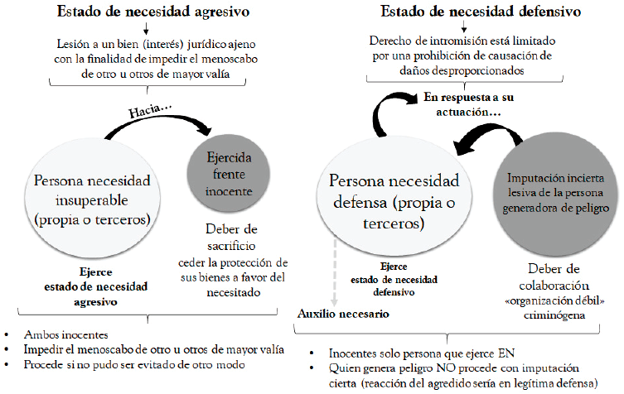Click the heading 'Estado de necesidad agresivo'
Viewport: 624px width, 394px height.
[x=153, y=12]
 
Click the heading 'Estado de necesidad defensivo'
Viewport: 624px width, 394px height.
[x=481, y=11]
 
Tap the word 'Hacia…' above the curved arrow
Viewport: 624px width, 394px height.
[x=149, y=110]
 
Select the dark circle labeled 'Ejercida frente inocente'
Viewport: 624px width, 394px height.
[x=229, y=174]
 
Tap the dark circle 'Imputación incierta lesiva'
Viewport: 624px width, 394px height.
[x=555, y=193]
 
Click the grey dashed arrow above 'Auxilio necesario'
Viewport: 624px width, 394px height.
[x=335, y=273]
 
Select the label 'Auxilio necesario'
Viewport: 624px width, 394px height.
[x=343, y=314]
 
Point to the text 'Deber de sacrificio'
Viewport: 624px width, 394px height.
[x=231, y=238]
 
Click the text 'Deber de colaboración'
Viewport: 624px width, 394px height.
[x=554, y=277]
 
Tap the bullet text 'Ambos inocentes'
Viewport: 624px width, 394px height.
[x=65, y=334]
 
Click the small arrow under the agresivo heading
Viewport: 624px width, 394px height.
[x=146, y=28]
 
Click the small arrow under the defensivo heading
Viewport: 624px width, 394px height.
[x=464, y=26]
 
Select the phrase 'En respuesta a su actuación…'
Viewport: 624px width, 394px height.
[x=468, y=104]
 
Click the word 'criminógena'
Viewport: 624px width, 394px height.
[x=554, y=315]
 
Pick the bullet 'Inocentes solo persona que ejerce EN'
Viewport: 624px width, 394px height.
[x=422, y=353]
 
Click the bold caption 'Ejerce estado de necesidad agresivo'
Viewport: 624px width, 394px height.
[x=96, y=286]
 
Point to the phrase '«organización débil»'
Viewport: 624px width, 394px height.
[x=554, y=301]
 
